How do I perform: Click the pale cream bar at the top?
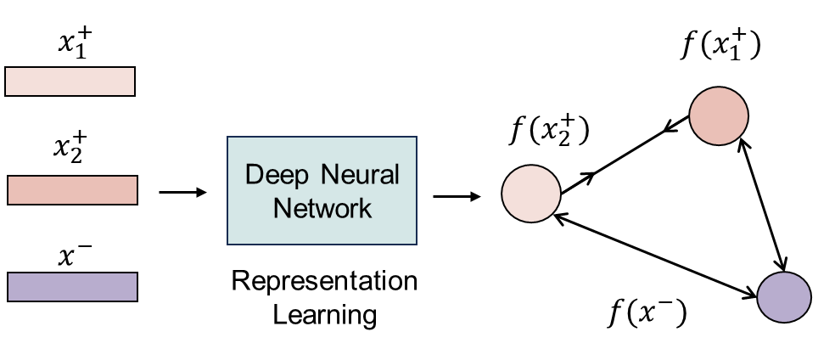(x=70, y=82)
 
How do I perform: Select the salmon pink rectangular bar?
(x=72, y=190)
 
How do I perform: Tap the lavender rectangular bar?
(x=72, y=287)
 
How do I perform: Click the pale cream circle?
(x=531, y=194)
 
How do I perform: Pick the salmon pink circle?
(x=719, y=115)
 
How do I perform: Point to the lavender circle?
(x=784, y=297)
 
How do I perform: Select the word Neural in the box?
(x=360, y=175)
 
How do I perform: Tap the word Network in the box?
(x=322, y=208)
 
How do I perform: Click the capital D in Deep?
(x=254, y=175)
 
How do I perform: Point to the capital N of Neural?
(x=329, y=175)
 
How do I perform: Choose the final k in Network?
(x=366, y=208)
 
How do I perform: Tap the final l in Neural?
(x=396, y=175)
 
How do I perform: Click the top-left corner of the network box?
(x=228, y=138)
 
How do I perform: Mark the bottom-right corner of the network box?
(x=416, y=244)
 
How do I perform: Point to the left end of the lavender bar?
(x=10, y=287)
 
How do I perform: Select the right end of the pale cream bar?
(x=132, y=82)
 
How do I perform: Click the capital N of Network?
(x=282, y=208)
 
